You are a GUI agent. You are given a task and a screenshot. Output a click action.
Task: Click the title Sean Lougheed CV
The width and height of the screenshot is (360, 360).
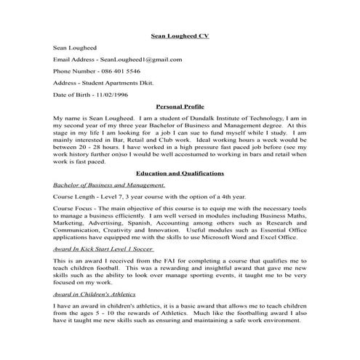point(179,35)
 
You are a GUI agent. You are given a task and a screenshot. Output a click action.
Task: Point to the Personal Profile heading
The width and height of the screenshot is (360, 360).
point(180,106)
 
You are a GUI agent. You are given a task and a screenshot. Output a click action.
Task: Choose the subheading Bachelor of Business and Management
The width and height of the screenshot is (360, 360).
point(109,185)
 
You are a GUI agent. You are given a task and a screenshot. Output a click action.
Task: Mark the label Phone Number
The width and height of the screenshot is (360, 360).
point(74,71)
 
